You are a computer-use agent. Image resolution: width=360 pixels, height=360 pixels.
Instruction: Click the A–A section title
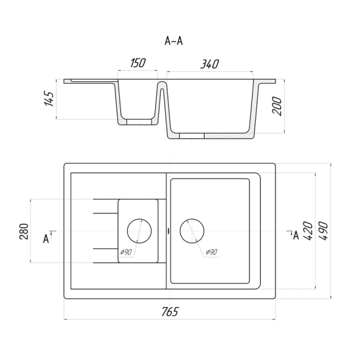pyautogui.click(x=174, y=41)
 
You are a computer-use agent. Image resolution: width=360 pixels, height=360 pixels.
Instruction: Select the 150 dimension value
pyautogui.click(x=138, y=63)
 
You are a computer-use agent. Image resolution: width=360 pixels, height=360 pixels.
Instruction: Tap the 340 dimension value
pyautogui.click(x=210, y=64)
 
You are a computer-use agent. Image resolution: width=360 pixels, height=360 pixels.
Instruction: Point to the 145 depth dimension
pyautogui.click(x=48, y=99)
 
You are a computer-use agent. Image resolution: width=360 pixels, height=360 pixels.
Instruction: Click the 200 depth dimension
pyautogui.click(x=277, y=106)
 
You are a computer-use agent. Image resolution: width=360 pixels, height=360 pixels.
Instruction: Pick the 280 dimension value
pyautogui.click(x=24, y=231)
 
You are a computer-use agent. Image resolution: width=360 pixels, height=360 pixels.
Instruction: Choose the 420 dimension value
pyautogui.click(x=308, y=231)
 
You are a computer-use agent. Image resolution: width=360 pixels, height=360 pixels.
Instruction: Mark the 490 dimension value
pyautogui.click(x=323, y=231)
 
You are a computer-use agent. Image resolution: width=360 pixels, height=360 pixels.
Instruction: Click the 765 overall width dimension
pyautogui.click(x=169, y=312)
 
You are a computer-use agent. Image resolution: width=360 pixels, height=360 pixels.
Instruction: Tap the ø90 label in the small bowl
pyautogui.click(x=126, y=252)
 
